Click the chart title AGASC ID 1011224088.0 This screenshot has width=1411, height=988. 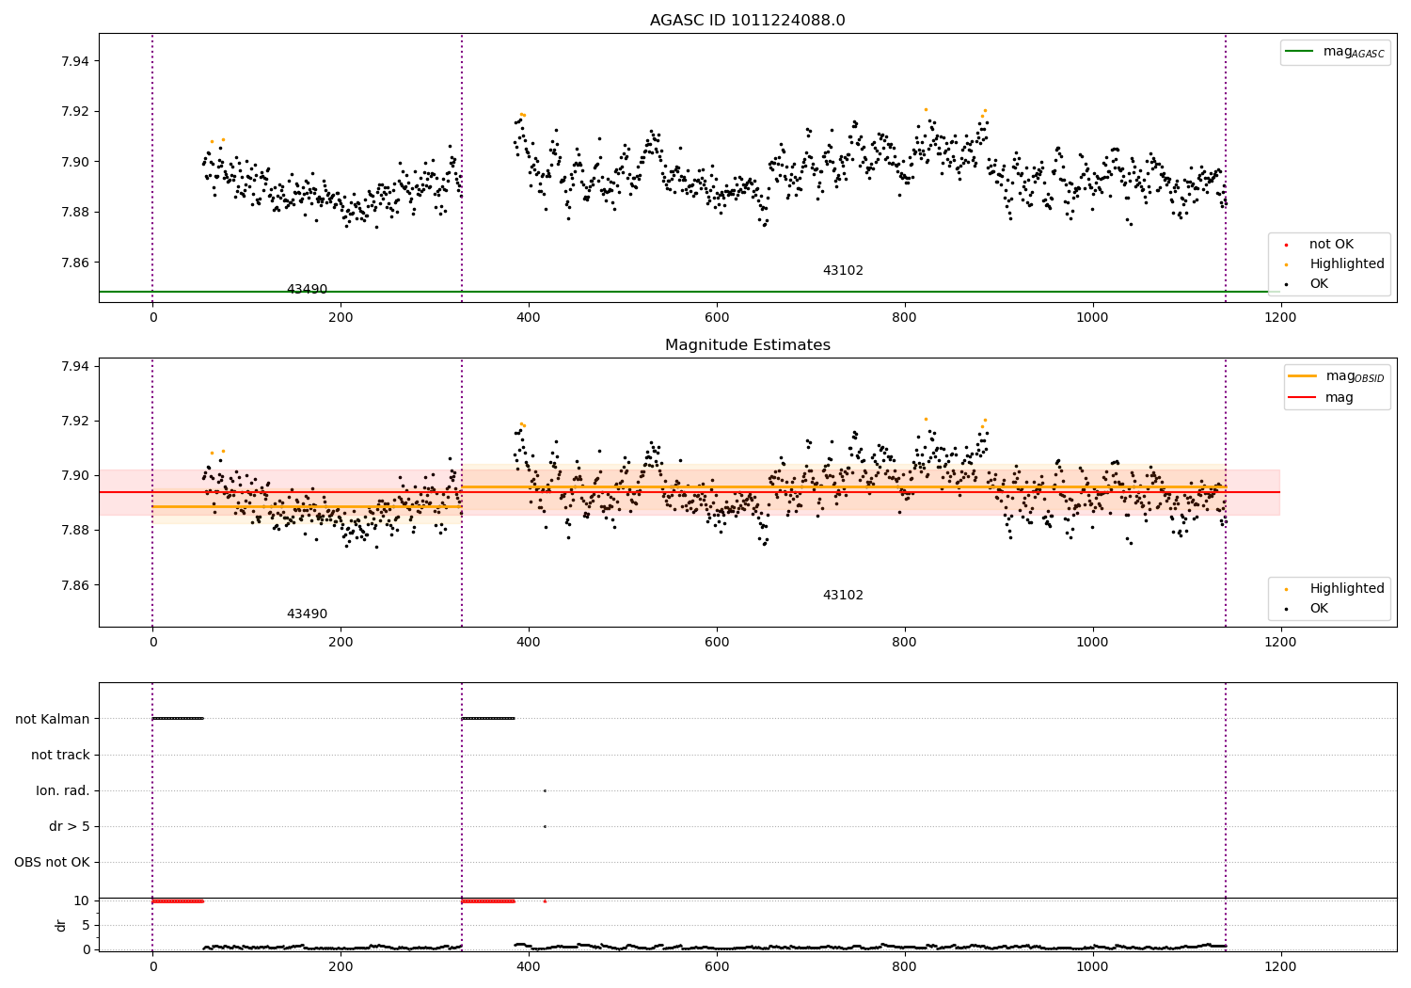point(747,21)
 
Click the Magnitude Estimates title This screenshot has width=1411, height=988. point(747,345)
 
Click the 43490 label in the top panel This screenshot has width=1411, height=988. point(307,290)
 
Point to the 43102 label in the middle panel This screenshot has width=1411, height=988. point(843,596)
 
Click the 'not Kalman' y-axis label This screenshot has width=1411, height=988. point(53,719)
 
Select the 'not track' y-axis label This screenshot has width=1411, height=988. point(60,755)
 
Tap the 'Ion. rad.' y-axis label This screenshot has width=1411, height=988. point(63,790)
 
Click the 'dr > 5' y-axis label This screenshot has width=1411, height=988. point(70,826)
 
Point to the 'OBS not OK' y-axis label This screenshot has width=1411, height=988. point(52,862)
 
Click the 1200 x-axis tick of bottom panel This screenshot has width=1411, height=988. point(1280,965)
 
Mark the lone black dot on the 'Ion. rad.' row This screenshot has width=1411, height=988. point(545,790)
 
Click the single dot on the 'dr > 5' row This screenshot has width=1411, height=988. point(545,826)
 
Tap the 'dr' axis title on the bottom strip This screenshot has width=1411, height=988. point(61,925)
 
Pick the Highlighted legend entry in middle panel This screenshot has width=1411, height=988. point(1346,589)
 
